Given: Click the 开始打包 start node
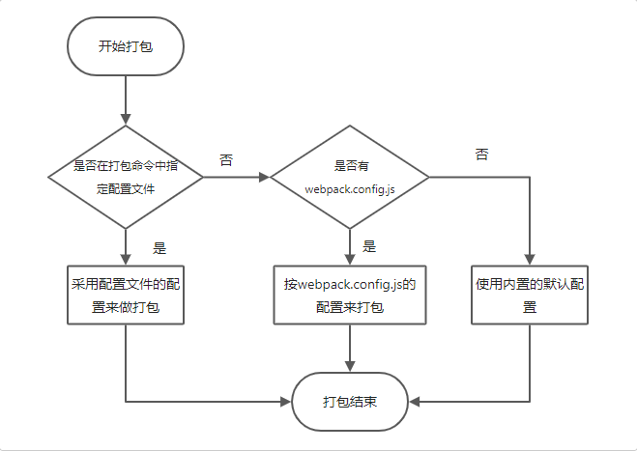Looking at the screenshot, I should pos(126,46).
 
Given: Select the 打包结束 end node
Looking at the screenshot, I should pos(350,401).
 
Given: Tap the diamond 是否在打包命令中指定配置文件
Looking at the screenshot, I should pos(126,177).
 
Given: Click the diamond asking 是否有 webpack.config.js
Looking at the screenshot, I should pos(350,177).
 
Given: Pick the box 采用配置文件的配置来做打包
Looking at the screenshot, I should pos(126,295).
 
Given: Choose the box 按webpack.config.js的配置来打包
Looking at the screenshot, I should pos(350,295).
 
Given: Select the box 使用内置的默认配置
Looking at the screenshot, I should pos(530,295).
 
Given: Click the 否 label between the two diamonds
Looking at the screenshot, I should pos(226,159).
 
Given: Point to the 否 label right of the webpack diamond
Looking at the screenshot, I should pos(481,155).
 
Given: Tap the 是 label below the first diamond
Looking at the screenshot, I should pos(160,246).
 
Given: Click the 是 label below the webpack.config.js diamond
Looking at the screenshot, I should pos(369,246).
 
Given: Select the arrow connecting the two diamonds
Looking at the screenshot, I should pos(236,177).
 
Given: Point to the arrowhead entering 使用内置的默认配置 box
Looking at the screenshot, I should pos(530,259).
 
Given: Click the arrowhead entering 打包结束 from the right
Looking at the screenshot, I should pos(414,401).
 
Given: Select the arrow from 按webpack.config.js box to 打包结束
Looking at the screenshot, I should pos(350,348).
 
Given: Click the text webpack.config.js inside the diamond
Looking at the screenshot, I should pos(350,190).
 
